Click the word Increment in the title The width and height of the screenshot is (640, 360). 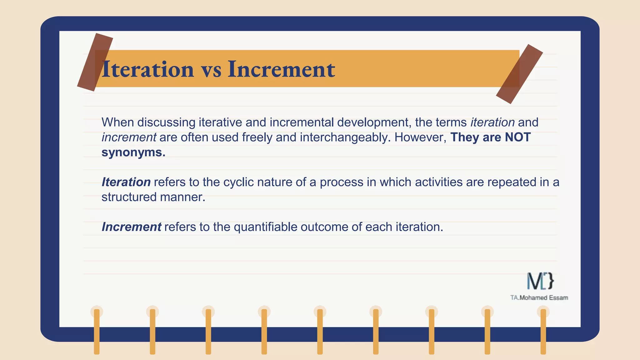coord(281,69)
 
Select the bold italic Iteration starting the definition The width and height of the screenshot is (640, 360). coord(126,182)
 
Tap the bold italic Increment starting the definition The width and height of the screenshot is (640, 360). coord(131,227)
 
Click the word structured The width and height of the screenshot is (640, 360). coord(129,197)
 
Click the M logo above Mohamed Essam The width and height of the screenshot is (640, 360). coord(540,281)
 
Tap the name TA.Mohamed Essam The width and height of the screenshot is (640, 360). coord(539,298)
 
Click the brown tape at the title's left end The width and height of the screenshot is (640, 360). coord(95,62)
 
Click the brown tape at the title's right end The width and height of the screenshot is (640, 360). coord(519,74)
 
